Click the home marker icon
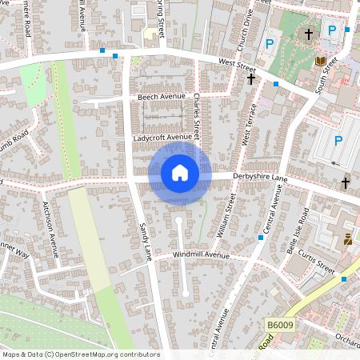pyautogui.click(x=180, y=172)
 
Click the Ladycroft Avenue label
pyautogui.click(x=163, y=138)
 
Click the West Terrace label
pyautogui.click(x=249, y=125)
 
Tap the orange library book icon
pyautogui.click(x=320, y=60)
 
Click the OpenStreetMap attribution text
pyautogui.click(x=80, y=354)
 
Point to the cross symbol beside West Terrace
pyautogui.click(x=251, y=79)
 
